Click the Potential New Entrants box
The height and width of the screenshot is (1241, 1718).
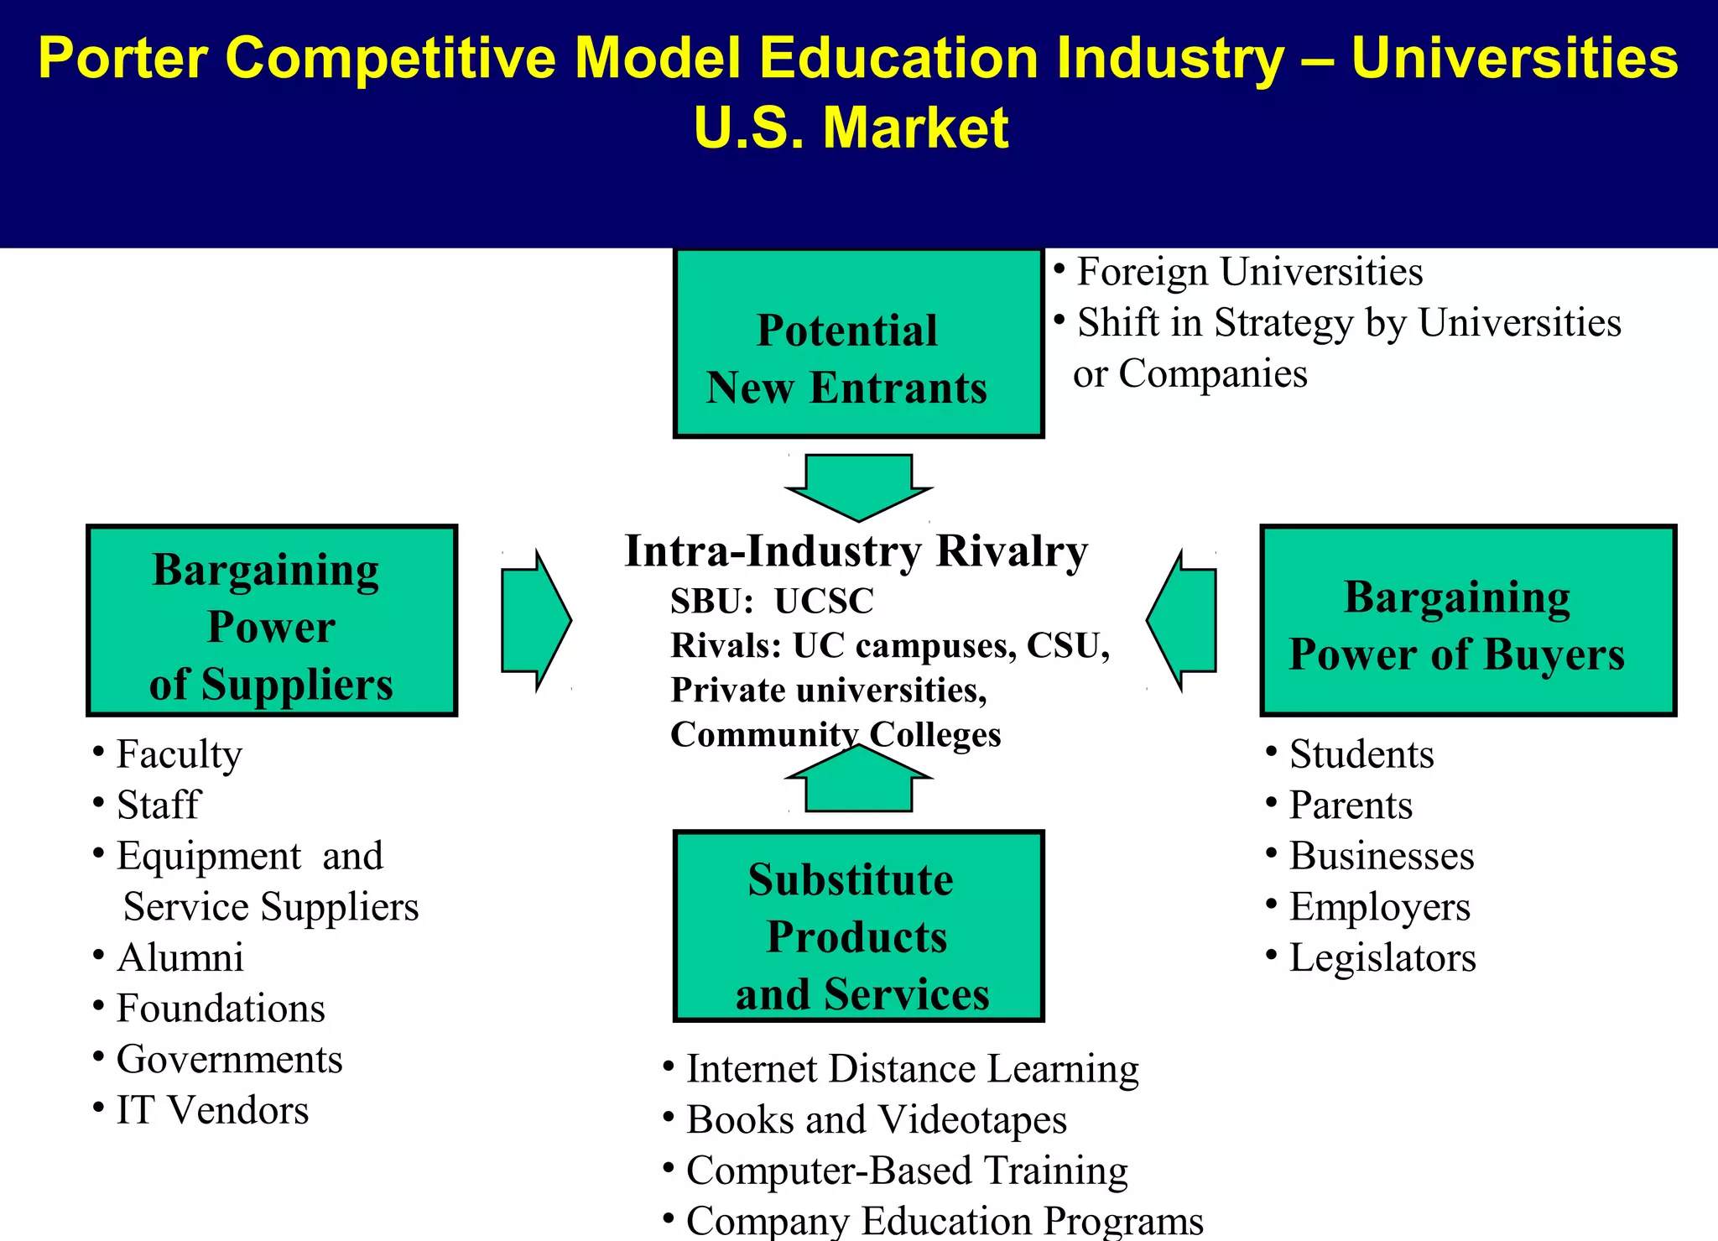pos(858,342)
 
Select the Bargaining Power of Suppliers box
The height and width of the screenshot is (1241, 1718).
pos(272,621)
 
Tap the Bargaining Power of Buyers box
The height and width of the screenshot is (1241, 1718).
pos(1467,621)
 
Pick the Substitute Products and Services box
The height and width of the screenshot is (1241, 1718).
pos(858,926)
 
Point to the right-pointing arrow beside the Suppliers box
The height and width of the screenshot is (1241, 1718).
pos(534,621)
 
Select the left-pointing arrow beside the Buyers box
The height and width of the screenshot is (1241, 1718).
pos(1183,621)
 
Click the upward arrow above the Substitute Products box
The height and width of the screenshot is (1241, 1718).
pos(858,780)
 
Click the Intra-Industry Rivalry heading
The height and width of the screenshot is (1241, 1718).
pos(856,551)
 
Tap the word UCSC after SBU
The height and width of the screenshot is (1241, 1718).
pos(823,601)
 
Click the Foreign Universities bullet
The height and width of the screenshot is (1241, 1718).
pos(1249,272)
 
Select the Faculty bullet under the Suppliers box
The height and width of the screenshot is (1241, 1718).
pos(179,753)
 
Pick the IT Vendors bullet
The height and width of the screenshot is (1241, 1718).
pos(211,1110)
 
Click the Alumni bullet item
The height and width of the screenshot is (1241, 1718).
pos(180,957)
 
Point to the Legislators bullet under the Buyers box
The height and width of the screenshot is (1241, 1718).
pos(1382,957)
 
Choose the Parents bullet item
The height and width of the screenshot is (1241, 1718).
pos(1350,805)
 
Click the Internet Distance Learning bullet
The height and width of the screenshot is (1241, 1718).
pos(912,1069)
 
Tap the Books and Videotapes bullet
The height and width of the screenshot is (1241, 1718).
pos(876,1119)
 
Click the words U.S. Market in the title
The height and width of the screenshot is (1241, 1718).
pos(851,128)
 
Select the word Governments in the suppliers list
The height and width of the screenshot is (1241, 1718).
pos(229,1059)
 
